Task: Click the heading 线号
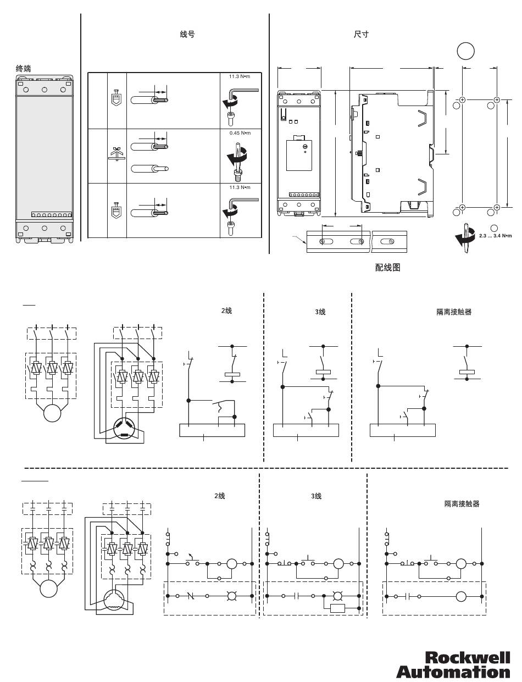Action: point(187,35)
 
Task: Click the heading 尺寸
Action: point(361,34)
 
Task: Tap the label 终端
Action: point(23,69)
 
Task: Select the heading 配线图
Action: point(387,268)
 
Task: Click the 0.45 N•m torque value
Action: point(239,133)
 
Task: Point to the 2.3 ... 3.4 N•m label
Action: point(495,236)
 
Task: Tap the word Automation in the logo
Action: point(453,672)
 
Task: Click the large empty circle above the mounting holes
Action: point(465,51)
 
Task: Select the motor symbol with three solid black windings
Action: point(124,429)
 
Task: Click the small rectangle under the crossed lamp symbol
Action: point(337,608)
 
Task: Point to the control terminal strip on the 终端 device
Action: point(51,215)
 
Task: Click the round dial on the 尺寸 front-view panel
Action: point(304,146)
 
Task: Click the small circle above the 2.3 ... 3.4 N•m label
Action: point(493,228)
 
